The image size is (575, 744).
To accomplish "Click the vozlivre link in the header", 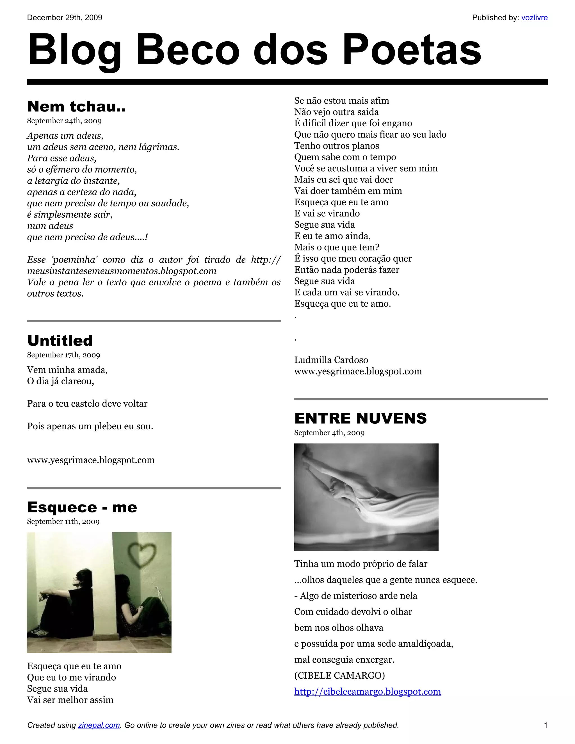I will (x=534, y=18).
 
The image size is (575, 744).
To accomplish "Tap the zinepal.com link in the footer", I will (x=99, y=725).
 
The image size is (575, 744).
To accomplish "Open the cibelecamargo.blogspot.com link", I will (x=367, y=691).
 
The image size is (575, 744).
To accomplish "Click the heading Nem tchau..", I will (x=76, y=106).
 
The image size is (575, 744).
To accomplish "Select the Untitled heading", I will (x=60, y=340).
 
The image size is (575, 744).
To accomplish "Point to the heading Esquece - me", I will (x=82, y=507).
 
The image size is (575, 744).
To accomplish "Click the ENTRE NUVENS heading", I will (x=360, y=418).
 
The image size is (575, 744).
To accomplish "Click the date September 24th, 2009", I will (x=64, y=121).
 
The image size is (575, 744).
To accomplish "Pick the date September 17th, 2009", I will (x=63, y=355).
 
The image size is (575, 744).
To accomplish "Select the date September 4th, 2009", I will (x=329, y=433).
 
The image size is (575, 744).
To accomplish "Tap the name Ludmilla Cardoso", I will (x=331, y=360).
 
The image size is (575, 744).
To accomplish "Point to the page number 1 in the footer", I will (x=545, y=725).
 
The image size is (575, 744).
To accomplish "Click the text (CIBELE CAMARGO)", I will (x=339, y=675).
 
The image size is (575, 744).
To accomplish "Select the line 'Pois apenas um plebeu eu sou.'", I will (x=90, y=426).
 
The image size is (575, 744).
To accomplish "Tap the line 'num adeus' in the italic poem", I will (x=50, y=226).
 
